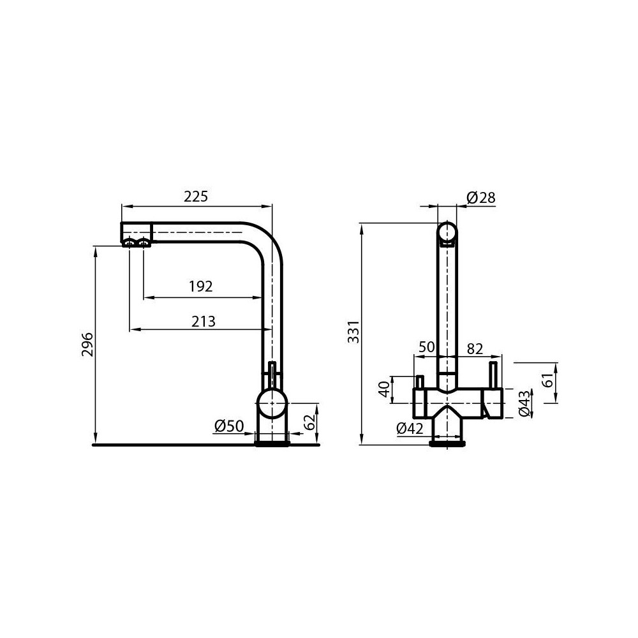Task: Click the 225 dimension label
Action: (196, 197)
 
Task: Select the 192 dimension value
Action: (200, 287)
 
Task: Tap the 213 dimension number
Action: (204, 322)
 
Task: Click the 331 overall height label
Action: (353, 332)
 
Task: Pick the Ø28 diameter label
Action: (481, 198)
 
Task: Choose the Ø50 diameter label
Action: (229, 426)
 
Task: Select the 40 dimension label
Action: (383, 389)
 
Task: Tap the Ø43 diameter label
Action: (524, 403)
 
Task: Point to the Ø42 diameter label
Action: (410, 429)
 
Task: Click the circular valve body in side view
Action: (272, 404)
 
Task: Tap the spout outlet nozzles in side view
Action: (137, 242)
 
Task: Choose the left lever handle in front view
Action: (420, 382)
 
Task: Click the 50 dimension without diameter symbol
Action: (426, 348)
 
